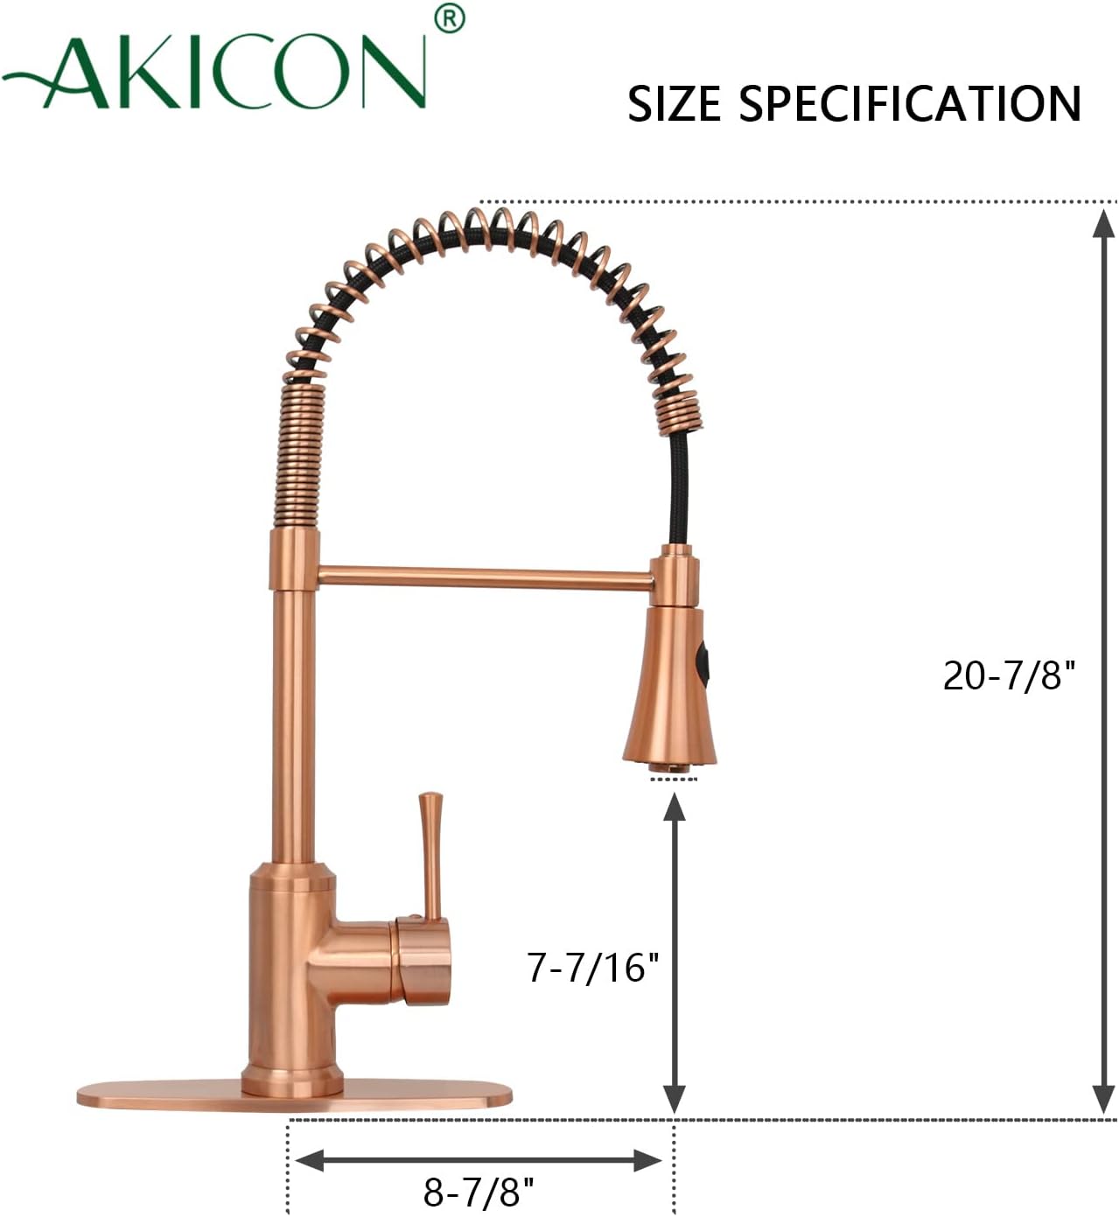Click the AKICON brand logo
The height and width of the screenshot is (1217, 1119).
[x=219, y=72]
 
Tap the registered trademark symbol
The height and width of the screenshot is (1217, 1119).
[x=449, y=18]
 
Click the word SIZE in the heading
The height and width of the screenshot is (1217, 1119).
[x=674, y=103]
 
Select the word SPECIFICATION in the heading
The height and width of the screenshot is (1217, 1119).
[x=910, y=103]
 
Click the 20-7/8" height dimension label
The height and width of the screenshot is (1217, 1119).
[x=1008, y=675]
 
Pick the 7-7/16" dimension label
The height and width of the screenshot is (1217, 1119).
[x=592, y=967]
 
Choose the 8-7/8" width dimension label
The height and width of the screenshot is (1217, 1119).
[x=478, y=1191]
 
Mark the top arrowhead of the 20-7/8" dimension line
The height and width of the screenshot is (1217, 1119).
[x=1103, y=224]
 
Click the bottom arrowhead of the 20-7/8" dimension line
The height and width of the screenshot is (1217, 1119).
[x=1103, y=1098]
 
